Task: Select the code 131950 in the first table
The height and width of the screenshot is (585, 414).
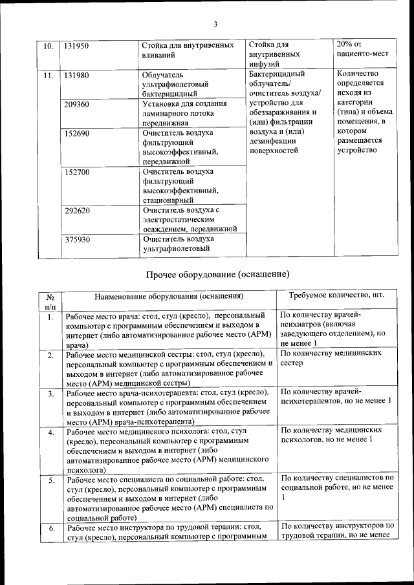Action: (76, 46)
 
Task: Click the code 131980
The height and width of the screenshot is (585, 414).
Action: (76, 75)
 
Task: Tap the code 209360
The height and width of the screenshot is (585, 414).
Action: (76, 104)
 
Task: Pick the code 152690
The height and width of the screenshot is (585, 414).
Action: (76, 133)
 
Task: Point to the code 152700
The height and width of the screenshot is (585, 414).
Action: (76, 172)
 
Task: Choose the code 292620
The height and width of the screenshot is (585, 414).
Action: (76, 210)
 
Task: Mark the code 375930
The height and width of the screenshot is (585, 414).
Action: (76, 239)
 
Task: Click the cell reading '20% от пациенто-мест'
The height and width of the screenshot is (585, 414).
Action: (362, 49)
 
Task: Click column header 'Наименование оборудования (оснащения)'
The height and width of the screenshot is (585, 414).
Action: (169, 296)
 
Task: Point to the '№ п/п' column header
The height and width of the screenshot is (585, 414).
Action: (50, 301)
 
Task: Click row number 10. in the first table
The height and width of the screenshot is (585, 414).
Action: (48, 46)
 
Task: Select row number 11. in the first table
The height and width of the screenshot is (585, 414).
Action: (48, 75)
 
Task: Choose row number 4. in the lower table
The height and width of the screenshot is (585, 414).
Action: (50, 432)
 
